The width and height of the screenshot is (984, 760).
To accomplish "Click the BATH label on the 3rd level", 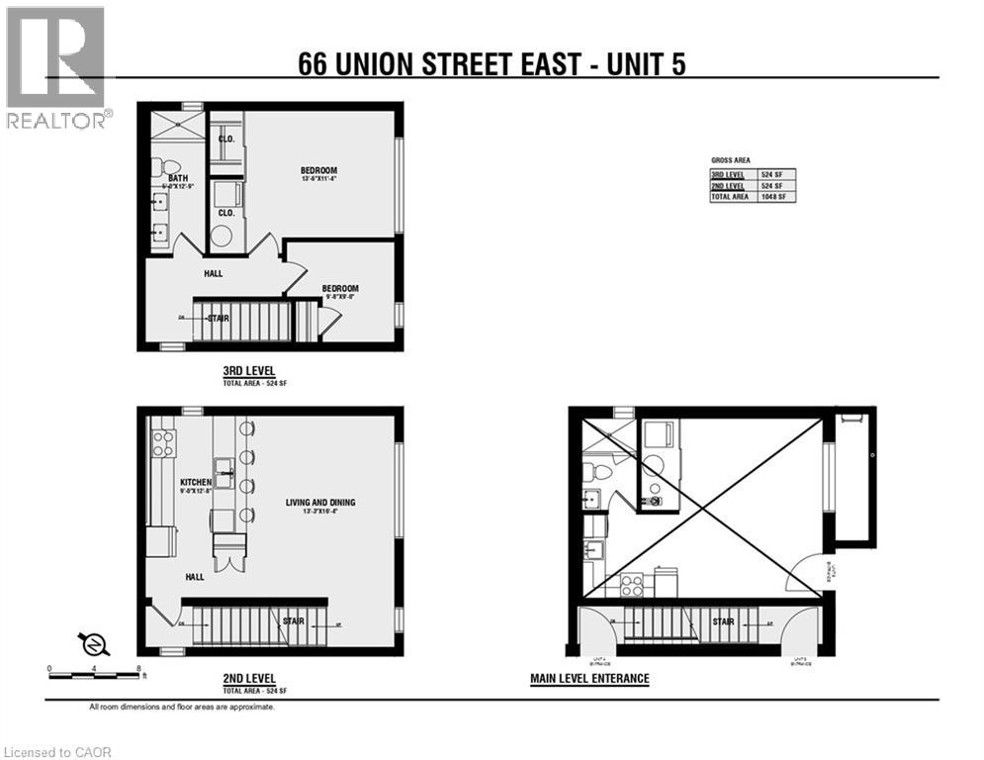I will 178,178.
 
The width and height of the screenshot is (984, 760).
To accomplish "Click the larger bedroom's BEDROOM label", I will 319,170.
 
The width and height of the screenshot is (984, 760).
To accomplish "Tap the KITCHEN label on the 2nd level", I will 196,482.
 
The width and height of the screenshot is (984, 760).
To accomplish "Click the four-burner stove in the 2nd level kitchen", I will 162,442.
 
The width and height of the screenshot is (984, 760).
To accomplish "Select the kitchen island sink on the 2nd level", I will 224,465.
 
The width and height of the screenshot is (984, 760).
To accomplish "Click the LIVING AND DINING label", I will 320,503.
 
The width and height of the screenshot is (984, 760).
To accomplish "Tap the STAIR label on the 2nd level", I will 294,622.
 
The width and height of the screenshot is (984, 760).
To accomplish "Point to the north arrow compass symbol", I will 94,644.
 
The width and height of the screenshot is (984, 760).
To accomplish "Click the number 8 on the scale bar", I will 140,669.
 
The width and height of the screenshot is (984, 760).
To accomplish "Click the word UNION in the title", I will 395,64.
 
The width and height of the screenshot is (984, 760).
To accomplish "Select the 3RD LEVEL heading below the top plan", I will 248,372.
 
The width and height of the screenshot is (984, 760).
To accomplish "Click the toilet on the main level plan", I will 596,469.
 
